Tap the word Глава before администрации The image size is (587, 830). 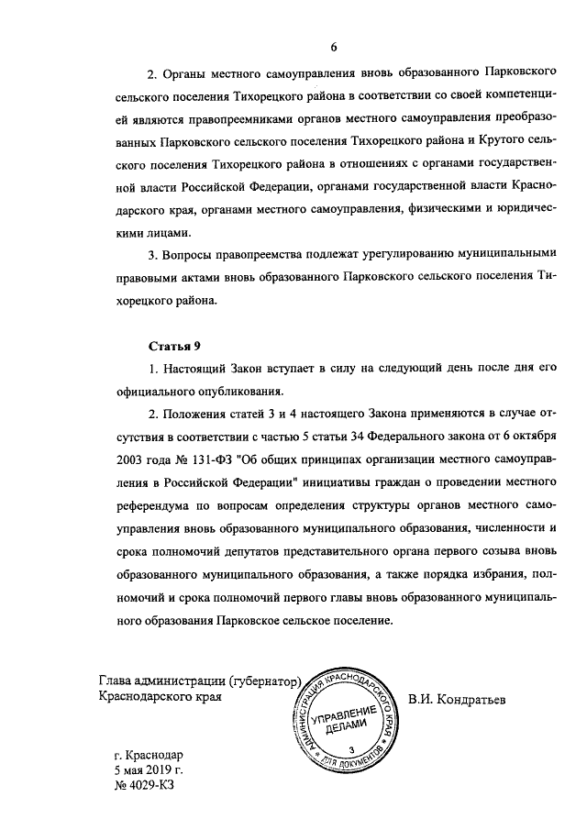pos(116,681)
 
